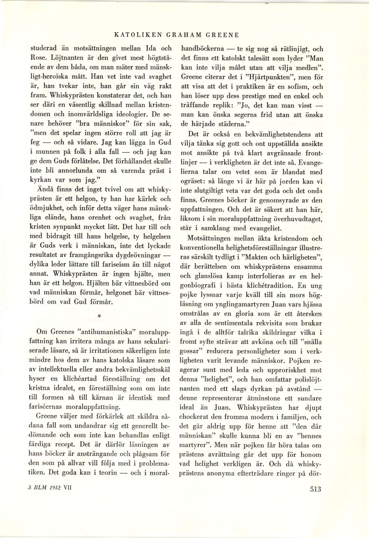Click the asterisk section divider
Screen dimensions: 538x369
pos(99,317)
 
